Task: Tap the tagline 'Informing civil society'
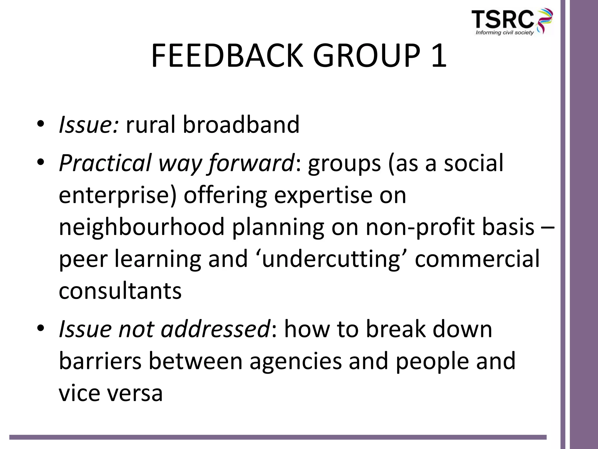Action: (505, 33)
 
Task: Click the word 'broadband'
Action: (241, 125)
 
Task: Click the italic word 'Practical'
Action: (105, 163)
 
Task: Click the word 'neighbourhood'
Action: (142, 228)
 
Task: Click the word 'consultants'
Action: (120, 291)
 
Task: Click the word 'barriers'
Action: (100, 361)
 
